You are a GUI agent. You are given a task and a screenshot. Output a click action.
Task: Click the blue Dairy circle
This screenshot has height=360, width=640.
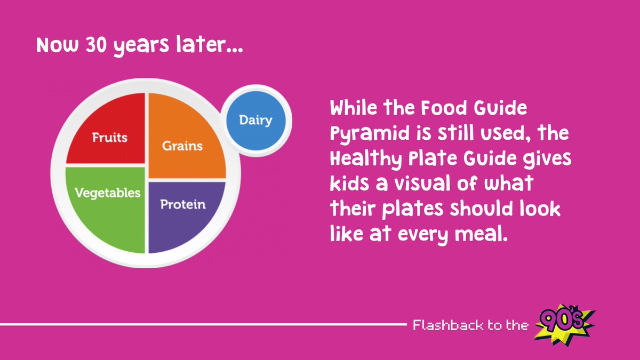click(256, 121)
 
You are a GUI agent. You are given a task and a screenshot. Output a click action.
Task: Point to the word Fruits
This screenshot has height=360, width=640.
click(110, 137)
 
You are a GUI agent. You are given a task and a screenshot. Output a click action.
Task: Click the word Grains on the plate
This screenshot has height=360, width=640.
click(182, 145)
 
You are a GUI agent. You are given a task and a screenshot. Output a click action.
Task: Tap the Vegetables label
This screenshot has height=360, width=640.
click(108, 193)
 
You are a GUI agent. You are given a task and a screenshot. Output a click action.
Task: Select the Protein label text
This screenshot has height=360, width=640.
click(183, 204)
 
